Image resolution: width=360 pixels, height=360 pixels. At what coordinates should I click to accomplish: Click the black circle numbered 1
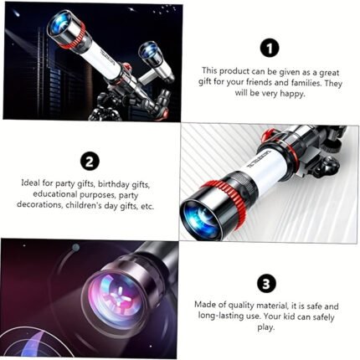pyautogui.click(x=270, y=49)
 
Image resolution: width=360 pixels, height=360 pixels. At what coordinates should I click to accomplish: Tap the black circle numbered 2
pyautogui.click(x=89, y=161)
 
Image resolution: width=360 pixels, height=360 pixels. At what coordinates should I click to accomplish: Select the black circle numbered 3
pyautogui.click(x=266, y=284)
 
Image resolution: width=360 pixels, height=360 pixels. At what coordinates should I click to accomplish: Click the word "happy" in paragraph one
pyautogui.click(x=292, y=94)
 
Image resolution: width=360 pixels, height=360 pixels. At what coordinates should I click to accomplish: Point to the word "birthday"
pyautogui.click(x=114, y=184)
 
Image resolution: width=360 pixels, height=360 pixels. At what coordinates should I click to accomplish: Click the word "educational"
pyautogui.click(x=55, y=194)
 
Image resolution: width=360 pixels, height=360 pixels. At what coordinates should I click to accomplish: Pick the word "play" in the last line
pyautogui.click(x=266, y=327)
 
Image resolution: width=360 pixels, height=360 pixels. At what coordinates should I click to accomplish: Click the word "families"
pyautogui.click(x=306, y=83)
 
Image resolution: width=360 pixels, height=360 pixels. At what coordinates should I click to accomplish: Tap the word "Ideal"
pyautogui.click(x=31, y=183)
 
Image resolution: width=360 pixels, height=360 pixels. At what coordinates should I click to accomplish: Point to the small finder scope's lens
pyautogui.click(x=149, y=51)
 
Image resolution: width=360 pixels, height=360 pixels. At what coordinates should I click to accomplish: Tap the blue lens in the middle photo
pyautogui.click(x=200, y=220)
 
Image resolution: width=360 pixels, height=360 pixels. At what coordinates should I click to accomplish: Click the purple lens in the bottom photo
pyautogui.click(x=116, y=299)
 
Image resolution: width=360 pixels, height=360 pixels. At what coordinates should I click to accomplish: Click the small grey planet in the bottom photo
pyautogui.click(x=75, y=247)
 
